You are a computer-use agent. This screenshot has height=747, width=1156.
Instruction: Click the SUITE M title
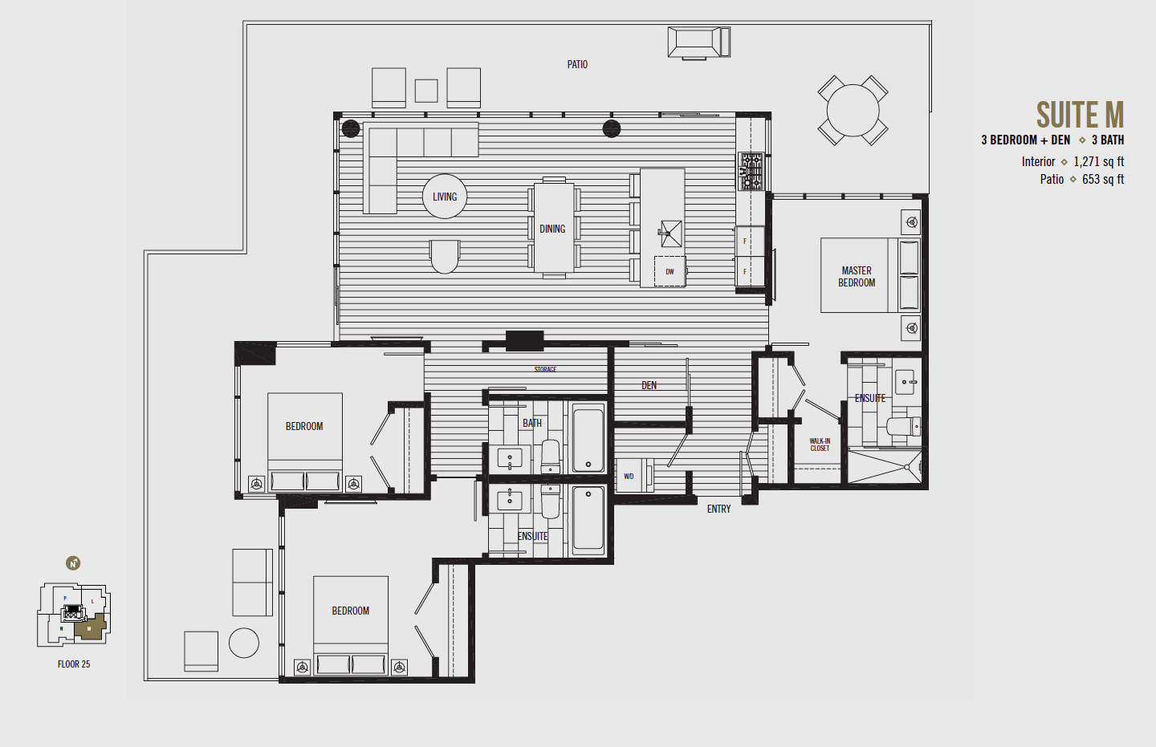tap(1079, 115)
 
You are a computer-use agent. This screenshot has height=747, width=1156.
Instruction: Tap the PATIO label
tap(577, 64)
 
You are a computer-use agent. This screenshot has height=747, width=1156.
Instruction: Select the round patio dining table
tap(853, 110)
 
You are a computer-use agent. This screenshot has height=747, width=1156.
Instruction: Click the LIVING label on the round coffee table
tap(445, 197)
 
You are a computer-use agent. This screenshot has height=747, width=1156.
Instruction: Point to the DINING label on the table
tap(552, 229)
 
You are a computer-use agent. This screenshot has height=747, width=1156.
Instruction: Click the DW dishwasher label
tap(670, 272)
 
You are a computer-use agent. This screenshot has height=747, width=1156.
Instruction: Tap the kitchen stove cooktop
tap(751, 171)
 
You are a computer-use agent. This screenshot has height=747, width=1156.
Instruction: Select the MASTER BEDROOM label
tap(857, 277)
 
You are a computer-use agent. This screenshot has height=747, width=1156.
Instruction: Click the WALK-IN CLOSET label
tap(820, 445)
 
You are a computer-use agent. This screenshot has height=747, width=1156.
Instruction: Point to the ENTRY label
tap(718, 509)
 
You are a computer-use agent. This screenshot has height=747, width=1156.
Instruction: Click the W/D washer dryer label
tap(629, 477)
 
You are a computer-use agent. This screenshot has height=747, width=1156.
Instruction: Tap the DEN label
tap(649, 386)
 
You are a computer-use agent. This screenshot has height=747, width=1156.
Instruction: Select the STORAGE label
tap(545, 370)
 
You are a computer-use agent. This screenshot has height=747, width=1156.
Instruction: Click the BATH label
tap(532, 423)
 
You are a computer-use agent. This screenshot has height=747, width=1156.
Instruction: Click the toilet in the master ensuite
tap(903, 425)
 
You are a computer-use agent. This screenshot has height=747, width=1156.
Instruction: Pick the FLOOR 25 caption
tap(74, 664)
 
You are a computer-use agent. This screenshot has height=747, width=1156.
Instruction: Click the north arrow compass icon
tap(73, 563)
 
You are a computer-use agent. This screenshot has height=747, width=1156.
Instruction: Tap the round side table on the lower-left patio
tap(244, 643)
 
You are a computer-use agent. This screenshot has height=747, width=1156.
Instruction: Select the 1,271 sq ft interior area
tap(1098, 161)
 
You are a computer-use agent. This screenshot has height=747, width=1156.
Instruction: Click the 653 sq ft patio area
tap(1102, 179)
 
